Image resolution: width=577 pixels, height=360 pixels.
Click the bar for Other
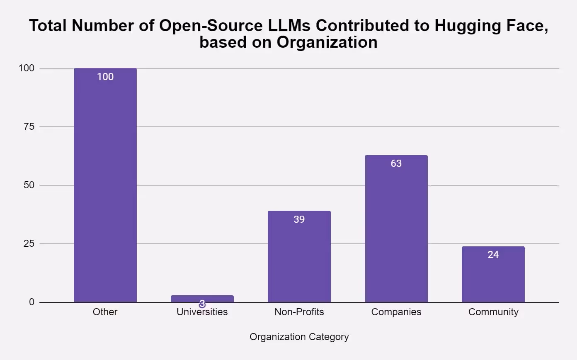coord(105,187)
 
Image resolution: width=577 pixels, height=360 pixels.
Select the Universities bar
coord(202,299)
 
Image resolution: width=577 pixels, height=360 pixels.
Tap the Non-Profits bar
coord(299,257)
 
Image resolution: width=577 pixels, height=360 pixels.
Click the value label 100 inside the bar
coord(105,77)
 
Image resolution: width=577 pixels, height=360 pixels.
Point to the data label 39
coord(299,219)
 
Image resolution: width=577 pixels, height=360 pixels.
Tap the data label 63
coord(396,163)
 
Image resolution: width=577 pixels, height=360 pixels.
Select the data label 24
coord(493,255)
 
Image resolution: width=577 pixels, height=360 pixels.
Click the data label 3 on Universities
coord(202,304)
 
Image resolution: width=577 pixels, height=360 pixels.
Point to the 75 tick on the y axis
coord(29,126)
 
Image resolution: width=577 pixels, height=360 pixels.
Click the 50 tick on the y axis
coord(29,185)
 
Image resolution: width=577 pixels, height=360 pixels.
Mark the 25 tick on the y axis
coord(29,243)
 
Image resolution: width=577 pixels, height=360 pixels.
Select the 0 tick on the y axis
coord(32,302)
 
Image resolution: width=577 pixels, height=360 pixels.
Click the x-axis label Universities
coord(202,312)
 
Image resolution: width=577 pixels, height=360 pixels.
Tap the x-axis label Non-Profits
coord(299,312)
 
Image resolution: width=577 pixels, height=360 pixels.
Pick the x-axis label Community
coord(493,312)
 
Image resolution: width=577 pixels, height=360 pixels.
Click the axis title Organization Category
coord(299,337)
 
